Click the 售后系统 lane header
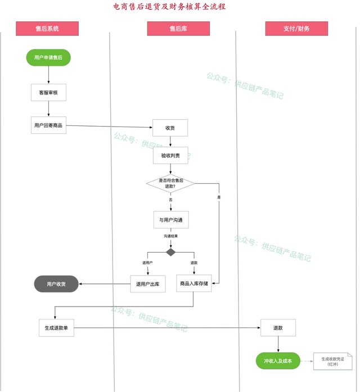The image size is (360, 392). [47, 29]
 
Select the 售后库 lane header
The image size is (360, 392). [178, 29]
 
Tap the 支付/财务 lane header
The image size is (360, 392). [296, 29]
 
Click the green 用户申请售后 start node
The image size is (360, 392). [48, 57]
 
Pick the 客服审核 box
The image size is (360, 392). [48, 92]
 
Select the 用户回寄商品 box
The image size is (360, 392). [48, 125]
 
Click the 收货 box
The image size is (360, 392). [170, 128]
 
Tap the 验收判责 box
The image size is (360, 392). [170, 155]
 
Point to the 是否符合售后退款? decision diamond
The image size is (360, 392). [170, 183]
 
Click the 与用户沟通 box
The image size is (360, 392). [171, 220]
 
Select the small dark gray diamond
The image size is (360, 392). [171, 253]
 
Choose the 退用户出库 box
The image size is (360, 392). [148, 284]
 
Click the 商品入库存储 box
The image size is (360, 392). [194, 283]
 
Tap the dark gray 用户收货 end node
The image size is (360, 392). [56, 284]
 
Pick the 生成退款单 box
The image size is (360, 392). [56, 328]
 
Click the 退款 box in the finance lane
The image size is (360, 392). [278, 328]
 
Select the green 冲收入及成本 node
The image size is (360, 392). [278, 361]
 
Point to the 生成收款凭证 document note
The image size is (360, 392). [333, 362]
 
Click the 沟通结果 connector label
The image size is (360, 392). [171, 236]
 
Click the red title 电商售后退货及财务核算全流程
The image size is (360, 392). [169, 7]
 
